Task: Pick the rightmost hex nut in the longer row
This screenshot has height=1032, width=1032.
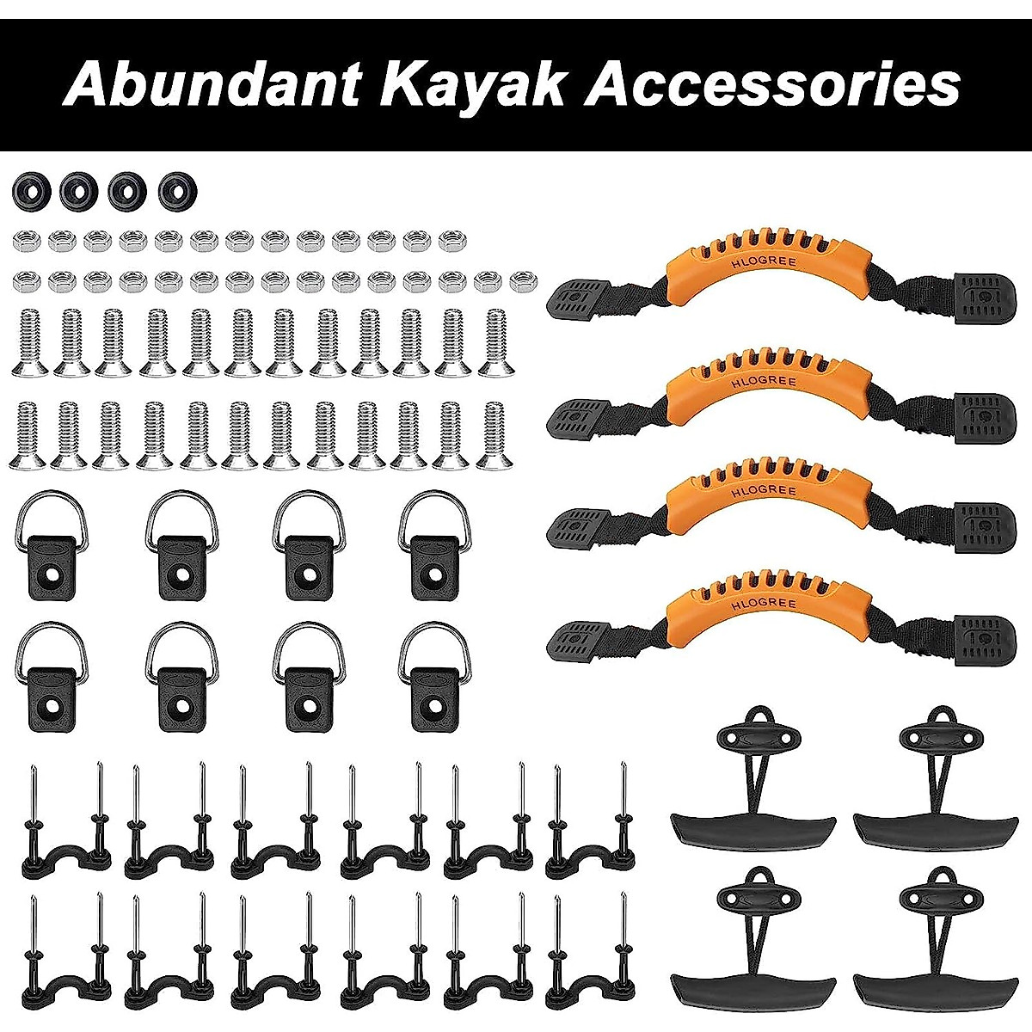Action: [521, 279]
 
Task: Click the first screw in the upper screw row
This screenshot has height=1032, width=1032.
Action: [30, 344]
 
